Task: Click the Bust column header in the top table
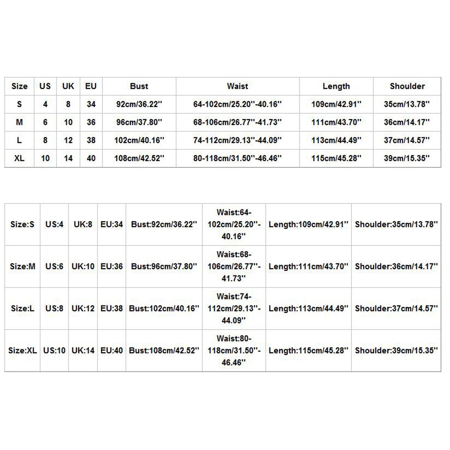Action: point(139,86)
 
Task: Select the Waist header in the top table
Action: point(237,86)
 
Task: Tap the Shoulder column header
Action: point(407,86)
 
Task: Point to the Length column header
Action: point(336,86)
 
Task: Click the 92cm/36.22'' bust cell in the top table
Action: point(139,104)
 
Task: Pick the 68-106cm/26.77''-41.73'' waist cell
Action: point(237,122)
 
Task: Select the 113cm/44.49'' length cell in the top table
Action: point(336,140)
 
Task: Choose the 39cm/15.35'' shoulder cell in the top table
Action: point(407,158)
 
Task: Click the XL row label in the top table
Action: point(19,158)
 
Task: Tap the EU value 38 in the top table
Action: point(91,140)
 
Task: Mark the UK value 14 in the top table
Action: point(68,158)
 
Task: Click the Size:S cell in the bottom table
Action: point(22,224)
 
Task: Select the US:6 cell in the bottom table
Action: point(54,266)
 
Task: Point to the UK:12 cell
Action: point(83,308)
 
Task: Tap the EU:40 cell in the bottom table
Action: point(112,350)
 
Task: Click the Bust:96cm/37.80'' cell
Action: point(164,266)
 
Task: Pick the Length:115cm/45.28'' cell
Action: point(308,350)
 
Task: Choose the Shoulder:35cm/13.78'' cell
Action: point(396,224)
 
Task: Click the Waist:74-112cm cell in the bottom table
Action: point(234,308)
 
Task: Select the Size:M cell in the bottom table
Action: point(22,266)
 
